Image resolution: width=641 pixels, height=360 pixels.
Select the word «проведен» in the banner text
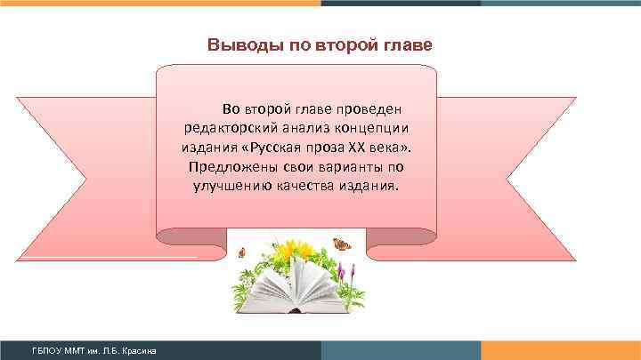coord(372,109)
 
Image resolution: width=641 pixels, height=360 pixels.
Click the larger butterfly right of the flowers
coord(341,243)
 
